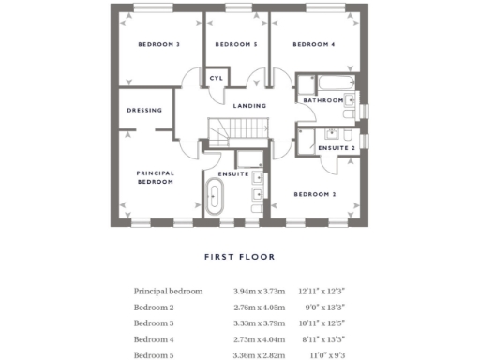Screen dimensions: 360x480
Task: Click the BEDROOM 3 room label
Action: [x=158, y=45]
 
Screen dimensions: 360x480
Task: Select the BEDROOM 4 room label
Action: [x=313, y=45]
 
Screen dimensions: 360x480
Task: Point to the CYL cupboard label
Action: [x=216, y=78]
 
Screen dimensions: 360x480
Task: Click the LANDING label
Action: [x=249, y=106]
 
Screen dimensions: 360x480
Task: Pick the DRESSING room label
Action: [x=144, y=111]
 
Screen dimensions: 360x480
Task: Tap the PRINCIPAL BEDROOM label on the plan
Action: [x=155, y=177]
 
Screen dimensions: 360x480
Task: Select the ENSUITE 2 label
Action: [x=337, y=148]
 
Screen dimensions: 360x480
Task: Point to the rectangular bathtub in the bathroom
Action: [x=324, y=83]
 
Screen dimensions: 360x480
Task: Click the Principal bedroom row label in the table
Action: [x=168, y=292]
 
